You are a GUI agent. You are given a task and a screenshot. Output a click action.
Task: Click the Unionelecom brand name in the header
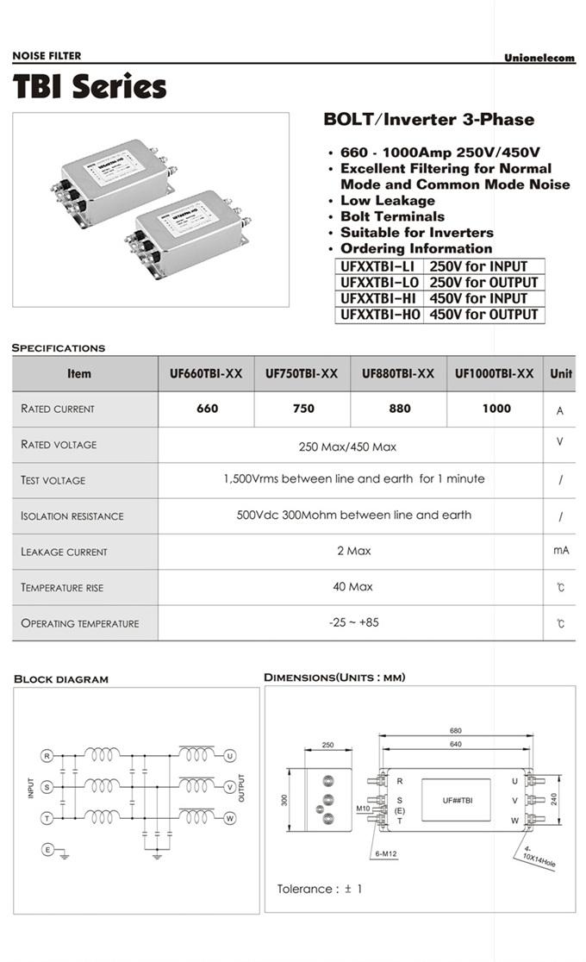coord(539,58)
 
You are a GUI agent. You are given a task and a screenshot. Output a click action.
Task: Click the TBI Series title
coord(90,87)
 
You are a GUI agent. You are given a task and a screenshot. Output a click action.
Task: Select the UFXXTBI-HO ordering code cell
coord(380,315)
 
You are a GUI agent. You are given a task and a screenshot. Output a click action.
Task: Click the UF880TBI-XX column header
coord(398,374)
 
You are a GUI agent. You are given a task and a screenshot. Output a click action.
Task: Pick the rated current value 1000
coord(496,409)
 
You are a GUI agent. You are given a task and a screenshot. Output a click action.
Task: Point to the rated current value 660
coord(207,409)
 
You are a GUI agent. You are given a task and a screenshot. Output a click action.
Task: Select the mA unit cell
coord(561,550)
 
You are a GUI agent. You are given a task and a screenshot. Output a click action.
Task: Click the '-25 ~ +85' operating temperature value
coord(353,622)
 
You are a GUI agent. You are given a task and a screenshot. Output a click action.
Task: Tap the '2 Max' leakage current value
coord(353,551)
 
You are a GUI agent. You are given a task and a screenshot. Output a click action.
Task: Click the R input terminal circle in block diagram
coord(47,756)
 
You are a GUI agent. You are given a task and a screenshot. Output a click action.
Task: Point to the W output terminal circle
coord(229,819)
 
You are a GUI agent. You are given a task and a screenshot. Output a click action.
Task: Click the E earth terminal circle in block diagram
coord(47,850)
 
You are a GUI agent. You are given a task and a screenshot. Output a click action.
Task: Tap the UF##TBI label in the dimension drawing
coord(457,801)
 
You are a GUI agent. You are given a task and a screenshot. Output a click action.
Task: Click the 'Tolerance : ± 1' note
coord(320,889)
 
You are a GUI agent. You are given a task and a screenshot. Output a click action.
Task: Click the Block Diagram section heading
coord(61,679)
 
